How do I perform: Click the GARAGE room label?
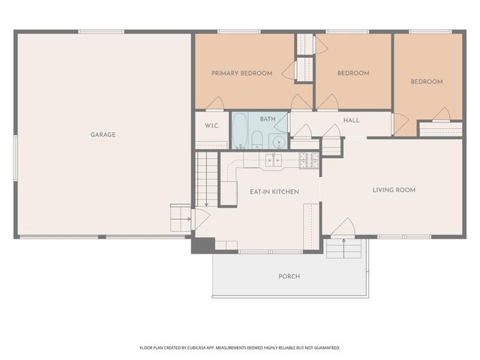click(x=103, y=135)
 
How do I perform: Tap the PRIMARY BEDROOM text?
click(x=241, y=73)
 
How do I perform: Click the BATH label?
click(x=268, y=119)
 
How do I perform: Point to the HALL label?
click(x=352, y=120)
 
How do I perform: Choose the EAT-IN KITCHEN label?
click(x=274, y=192)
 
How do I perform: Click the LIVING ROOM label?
click(x=394, y=190)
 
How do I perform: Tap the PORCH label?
click(x=289, y=276)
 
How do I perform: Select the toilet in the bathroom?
click(x=256, y=139)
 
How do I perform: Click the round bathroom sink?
click(x=277, y=140)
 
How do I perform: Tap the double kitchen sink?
click(x=273, y=159)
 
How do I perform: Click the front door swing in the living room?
click(x=343, y=227)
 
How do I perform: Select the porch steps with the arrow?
click(x=344, y=247)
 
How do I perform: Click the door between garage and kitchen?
click(x=199, y=219)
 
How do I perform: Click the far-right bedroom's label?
click(x=426, y=82)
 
